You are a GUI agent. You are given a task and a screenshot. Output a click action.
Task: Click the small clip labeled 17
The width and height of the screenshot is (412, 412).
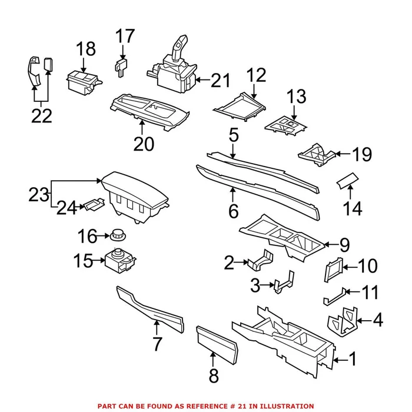121,66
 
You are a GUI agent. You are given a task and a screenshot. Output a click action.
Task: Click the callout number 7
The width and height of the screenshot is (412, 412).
157,343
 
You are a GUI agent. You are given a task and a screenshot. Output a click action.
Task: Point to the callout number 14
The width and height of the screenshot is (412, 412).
353,208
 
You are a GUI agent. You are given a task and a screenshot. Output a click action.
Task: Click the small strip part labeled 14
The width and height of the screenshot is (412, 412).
347,180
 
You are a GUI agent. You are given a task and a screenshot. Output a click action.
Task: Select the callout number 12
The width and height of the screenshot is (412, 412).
257,75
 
